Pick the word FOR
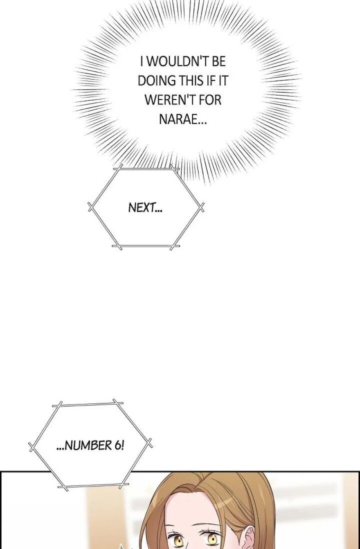click(x=210, y=100)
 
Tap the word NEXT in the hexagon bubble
click(x=140, y=208)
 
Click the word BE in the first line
click(x=219, y=62)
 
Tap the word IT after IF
click(x=222, y=81)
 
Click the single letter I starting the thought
click(x=141, y=62)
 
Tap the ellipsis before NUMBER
click(x=61, y=449)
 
